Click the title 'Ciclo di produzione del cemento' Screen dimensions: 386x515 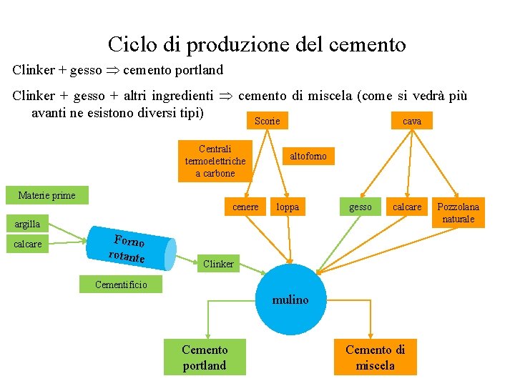(257, 45)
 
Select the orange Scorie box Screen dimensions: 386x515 (267, 122)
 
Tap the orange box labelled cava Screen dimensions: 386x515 (412, 122)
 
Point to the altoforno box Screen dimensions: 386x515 (308, 156)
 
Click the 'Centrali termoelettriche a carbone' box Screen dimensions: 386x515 (215, 161)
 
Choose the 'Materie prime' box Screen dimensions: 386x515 (46, 195)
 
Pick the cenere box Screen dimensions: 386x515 (246, 207)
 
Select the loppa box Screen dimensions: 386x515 (288, 207)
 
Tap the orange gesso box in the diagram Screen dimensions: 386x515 (360, 207)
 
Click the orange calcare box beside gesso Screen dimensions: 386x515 (408, 207)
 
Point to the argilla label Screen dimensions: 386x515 (27, 224)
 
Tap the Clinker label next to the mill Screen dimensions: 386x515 (218, 264)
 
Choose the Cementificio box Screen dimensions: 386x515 (122, 284)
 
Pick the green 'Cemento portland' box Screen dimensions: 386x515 (205, 357)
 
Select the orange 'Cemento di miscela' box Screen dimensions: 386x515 (375, 357)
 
